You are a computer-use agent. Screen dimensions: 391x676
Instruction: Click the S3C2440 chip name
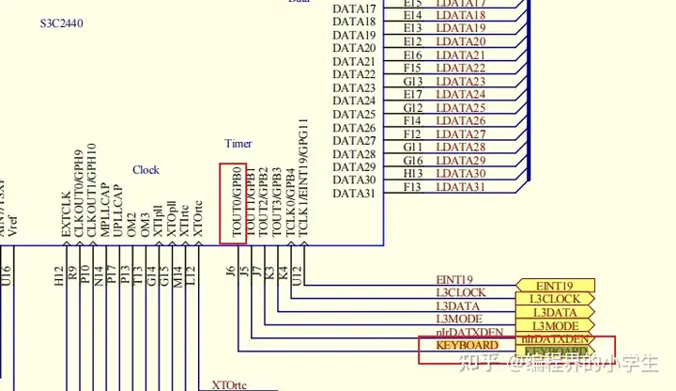pyautogui.click(x=62, y=22)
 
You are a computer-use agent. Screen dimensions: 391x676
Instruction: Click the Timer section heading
pyautogui.click(x=238, y=144)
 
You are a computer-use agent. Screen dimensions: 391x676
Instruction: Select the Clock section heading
pyautogui.click(x=146, y=170)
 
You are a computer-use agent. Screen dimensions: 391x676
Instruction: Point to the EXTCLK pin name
pyautogui.click(x=66, y=214)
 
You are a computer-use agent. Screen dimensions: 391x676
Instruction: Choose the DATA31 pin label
pyautogui.click(x=355, y=194)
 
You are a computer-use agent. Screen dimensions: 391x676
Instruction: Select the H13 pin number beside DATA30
pyautogui.click(x=413, y=174)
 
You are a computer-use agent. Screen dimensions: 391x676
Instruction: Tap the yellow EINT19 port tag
pyautogui.click(x=554, y=286)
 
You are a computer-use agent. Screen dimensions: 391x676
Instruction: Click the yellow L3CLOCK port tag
pyautogui.click(x=554, y=299)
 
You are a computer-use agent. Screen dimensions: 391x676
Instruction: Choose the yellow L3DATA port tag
pyautogui.click(x=554, y=312)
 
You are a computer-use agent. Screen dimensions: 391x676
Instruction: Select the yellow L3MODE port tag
pyautogui.click(x=554, y=325)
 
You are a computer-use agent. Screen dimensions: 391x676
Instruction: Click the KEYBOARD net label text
pyautogui.click(x=468, y=346)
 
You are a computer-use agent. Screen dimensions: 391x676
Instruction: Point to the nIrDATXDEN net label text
pyautogui.click(x=469, y=333)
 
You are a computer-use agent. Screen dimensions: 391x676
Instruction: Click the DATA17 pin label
pyautogui.click(x=355, y=9)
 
